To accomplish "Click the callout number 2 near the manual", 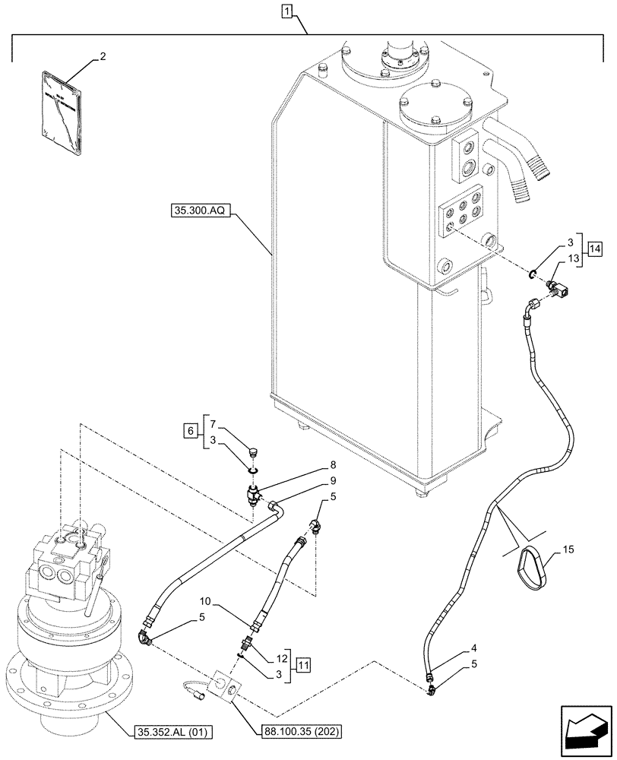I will [102, 57].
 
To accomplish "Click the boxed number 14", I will [593, 249].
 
